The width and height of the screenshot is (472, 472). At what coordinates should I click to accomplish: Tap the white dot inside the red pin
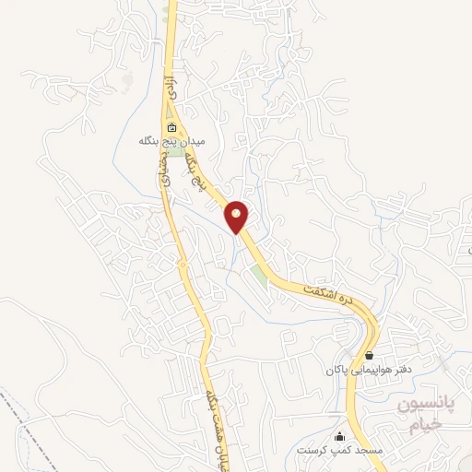point(238,214)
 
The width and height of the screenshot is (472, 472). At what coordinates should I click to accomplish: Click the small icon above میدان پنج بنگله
point(171,127)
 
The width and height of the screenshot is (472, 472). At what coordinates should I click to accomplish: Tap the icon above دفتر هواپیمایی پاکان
point(369,355)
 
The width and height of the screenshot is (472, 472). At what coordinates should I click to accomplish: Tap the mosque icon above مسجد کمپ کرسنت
point(340,436)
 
